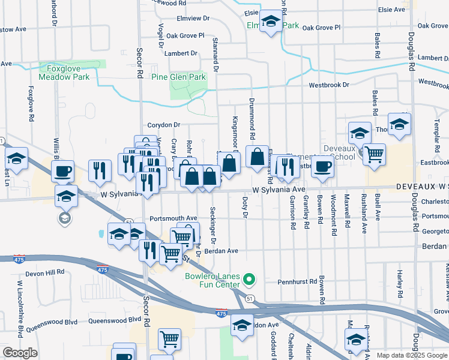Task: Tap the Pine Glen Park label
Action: point(178,77)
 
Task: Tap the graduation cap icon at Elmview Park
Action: point(271,22)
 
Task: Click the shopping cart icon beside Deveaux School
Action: point(374,154)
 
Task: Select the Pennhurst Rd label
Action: point(297,281)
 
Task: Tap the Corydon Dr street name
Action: point(164,125)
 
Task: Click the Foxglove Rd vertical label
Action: point(30,100)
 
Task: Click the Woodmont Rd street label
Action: point(333,210)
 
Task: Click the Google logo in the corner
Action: point(19,353)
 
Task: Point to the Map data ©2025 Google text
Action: point(412,355)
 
